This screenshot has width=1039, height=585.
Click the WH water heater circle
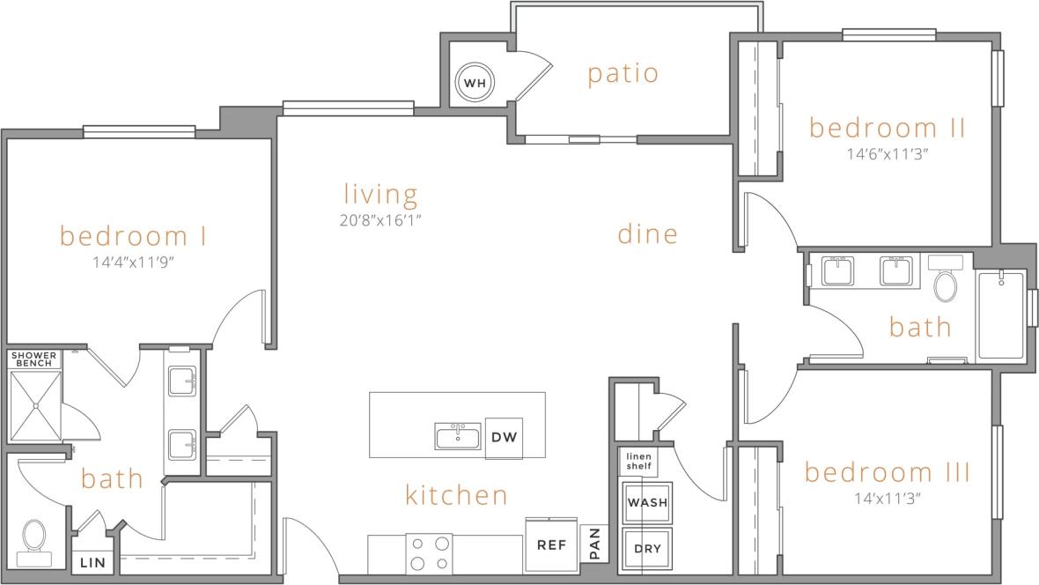tap(475, 84)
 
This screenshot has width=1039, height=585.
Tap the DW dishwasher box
tap(504, 437)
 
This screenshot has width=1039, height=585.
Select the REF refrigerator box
tap(551, 545)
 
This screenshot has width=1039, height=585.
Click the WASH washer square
tap(647, 502)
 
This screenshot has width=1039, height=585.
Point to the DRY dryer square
tap(647, 549)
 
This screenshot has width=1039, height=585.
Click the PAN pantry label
tap(595, 544)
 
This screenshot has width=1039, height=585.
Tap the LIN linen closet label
tap(92, 562)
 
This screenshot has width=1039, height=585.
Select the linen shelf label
tap(637, 461)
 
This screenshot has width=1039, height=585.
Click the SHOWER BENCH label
tap(34, 359)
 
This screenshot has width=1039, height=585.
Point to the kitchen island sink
tap(458, 436)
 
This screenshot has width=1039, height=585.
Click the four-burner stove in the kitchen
tap(429, 553)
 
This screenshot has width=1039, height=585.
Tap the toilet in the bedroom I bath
tap(34, 538)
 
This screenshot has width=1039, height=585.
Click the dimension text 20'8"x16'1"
tap(380, 219)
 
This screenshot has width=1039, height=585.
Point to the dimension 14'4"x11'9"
tap(133, 262)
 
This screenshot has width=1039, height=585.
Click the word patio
tap(623, 73)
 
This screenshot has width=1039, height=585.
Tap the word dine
tap(647, 233)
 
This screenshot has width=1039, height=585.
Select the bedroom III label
tap(887, 472)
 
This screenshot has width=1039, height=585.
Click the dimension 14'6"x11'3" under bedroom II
tap(887, 152)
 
